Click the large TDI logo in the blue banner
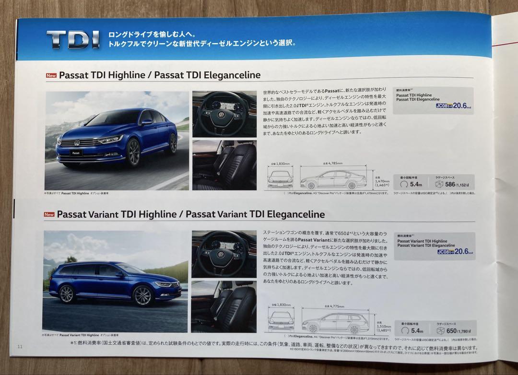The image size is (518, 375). (x=73, y=39)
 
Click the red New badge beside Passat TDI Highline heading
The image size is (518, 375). (x=51, y=76)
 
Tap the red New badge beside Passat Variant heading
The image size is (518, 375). (x=49, y=215)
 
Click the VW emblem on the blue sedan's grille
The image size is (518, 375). (x=77, y=142)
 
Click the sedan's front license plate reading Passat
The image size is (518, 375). (x=75, y=152)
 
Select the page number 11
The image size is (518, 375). (x=20, y=347)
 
